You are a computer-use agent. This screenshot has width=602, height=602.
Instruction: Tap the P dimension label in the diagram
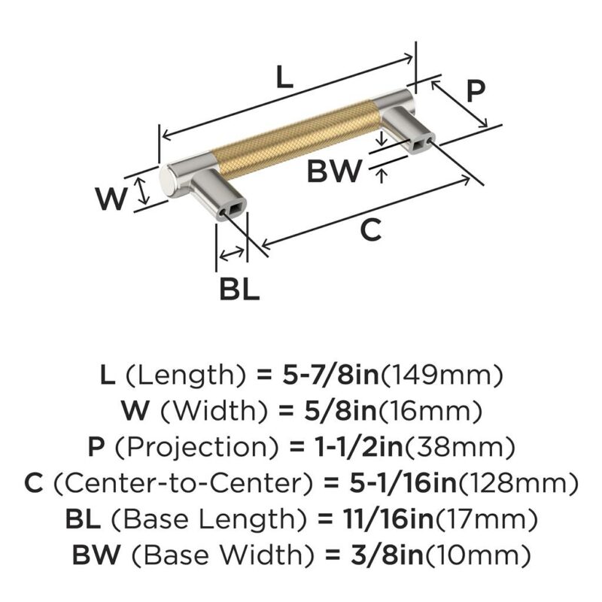click(476, 91)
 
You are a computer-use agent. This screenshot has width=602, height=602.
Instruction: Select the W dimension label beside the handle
click(111, 199)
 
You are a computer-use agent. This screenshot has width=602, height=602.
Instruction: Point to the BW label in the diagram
click(334, 171)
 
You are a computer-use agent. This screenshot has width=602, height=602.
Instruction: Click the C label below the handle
click(371, 230)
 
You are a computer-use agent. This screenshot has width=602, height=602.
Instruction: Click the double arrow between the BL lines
click(231, 254)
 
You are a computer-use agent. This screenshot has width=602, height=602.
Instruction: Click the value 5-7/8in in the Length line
click(330, 375)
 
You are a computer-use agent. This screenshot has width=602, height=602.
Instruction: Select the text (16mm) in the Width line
click(430, 410)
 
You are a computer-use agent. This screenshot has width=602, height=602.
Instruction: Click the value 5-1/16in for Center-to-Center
click(403, 482)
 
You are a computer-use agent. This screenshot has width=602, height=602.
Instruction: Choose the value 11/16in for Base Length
click(375, 518)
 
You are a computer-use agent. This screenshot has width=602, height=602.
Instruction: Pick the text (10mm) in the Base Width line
click(477, 555)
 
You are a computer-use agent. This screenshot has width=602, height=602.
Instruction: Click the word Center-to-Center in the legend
click(182, 483)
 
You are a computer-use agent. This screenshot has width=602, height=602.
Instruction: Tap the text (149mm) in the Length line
click(441, 375)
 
